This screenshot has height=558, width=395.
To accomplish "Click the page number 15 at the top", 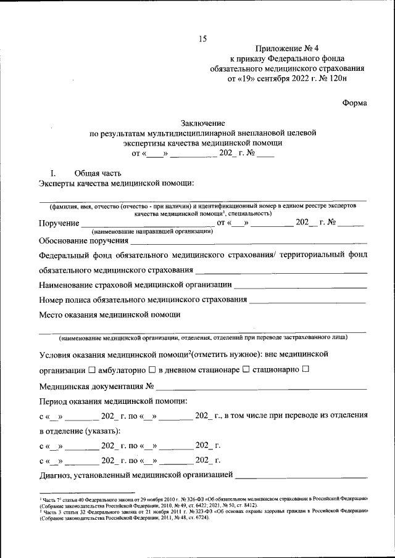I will click(202, 39).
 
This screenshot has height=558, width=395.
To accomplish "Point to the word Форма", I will click(355, 104).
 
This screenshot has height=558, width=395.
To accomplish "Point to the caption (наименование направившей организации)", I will click(152, 231).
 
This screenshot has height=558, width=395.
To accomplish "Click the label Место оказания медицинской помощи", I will click(109, 314).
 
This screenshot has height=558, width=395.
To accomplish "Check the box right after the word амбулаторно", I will click(152, 370).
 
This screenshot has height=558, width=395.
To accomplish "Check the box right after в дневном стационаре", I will click(246, 370).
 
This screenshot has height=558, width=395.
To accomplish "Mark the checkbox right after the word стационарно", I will click(306, 370).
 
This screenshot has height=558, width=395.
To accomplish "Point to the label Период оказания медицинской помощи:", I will click(113, 401).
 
